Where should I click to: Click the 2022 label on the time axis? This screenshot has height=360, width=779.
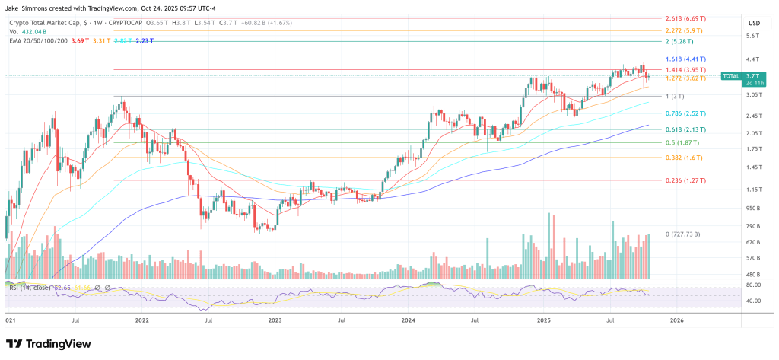pyautogui.click(x=141, y=321)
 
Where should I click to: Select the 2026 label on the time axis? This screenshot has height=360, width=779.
pyautogui.click(x=676, y=321)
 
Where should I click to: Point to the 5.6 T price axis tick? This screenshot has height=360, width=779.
pyautogui.click(x=754, y=36)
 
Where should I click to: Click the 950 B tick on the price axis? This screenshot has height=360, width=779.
pyautogui.click(x=754, y=208)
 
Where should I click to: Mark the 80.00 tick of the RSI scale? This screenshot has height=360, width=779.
pyautogui.click(x=754, y=285)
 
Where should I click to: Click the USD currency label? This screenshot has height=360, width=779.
pyautogui.click(x=754, y=23)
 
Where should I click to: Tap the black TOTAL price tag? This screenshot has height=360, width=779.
pyautogui.click(x=731, y=76)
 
